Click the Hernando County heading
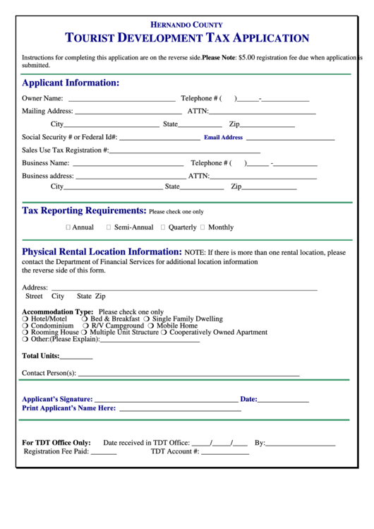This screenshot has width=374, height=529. click(186, 25)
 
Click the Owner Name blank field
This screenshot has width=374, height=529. click(121, 100)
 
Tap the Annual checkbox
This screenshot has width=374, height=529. click(68, 227)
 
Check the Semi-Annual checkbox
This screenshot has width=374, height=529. click(109, 227)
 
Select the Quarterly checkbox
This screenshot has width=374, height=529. click(163, 227)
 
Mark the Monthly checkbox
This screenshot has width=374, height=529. click(203, 227)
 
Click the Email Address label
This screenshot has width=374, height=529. click(223, 138)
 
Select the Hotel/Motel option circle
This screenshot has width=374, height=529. click(25, 319)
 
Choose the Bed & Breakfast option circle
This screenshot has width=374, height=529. click(85, 319)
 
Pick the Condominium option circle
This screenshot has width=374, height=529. click(25, 326)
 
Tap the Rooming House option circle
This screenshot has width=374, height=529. click(25, 333)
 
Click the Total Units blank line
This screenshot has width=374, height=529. click(76, 357)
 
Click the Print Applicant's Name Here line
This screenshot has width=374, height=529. click(180, 410)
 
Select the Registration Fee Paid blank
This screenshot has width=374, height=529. click(104, 453)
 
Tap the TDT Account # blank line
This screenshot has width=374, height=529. click(225, 453)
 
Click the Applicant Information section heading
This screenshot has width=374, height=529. click(71, 83)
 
